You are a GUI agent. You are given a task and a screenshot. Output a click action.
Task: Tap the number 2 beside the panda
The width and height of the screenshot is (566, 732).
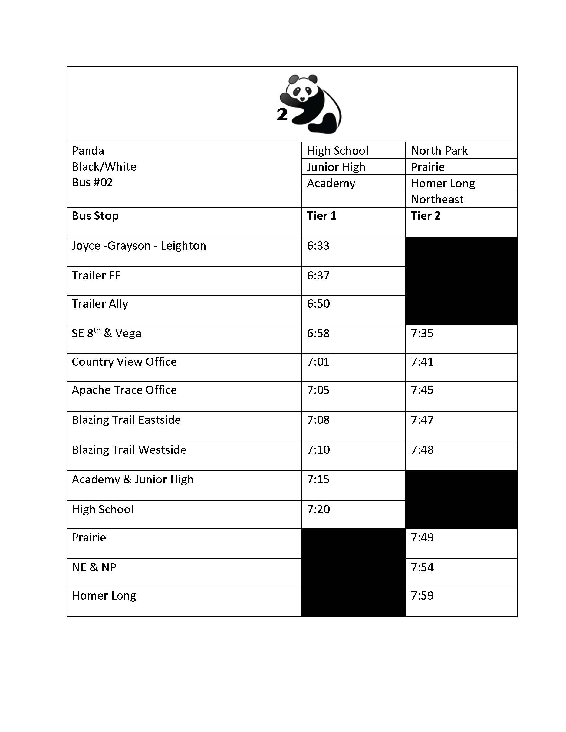pos(282,115)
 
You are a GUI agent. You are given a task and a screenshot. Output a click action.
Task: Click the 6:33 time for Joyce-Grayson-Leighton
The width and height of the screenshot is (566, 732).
pos(318,246)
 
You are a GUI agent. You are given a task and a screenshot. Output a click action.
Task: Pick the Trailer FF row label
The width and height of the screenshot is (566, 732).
pos(96,276)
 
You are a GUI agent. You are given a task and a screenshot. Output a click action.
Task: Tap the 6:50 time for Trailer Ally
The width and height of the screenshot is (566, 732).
pos(318,304)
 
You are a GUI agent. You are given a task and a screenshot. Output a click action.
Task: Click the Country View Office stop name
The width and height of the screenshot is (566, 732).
pos(124,362)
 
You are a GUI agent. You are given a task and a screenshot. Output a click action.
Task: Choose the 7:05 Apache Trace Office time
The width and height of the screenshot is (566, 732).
pos(318,390)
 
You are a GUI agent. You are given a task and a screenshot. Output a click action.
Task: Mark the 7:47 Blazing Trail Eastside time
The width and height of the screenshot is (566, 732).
pos(422,420)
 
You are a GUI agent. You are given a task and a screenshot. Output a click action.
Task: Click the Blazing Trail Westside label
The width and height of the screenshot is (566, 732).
pos(129,450)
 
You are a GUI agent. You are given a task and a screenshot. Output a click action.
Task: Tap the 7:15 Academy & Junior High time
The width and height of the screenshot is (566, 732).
pos(318,480)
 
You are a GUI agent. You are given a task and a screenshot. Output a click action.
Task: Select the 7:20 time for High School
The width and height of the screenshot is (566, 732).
pos(318,509)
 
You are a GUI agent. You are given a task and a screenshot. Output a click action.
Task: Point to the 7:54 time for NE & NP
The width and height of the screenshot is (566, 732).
pos(422,567)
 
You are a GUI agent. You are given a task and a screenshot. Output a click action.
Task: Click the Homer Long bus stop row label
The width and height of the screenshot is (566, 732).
pos(104,596)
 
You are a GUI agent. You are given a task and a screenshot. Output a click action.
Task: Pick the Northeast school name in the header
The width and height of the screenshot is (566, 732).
pos(437,199)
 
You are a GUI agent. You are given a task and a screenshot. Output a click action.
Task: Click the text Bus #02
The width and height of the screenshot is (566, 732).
pos(92,183)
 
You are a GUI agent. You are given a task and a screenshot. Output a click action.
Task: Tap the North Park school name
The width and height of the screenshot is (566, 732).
pos(439,151)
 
